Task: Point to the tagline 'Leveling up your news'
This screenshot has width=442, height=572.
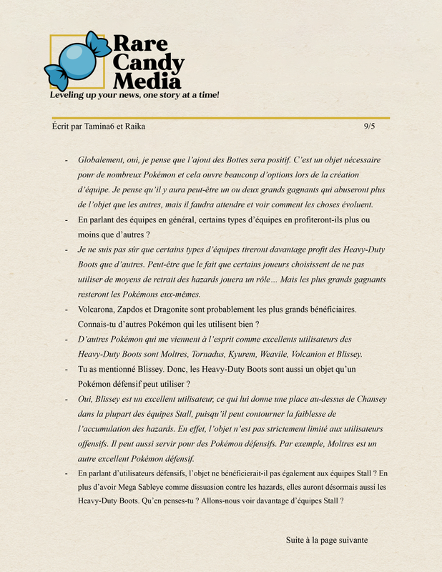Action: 134,95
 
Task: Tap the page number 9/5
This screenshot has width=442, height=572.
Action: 369,127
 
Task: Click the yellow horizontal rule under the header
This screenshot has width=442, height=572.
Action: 220,117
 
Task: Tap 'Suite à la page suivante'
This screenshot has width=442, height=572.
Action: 326,540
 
